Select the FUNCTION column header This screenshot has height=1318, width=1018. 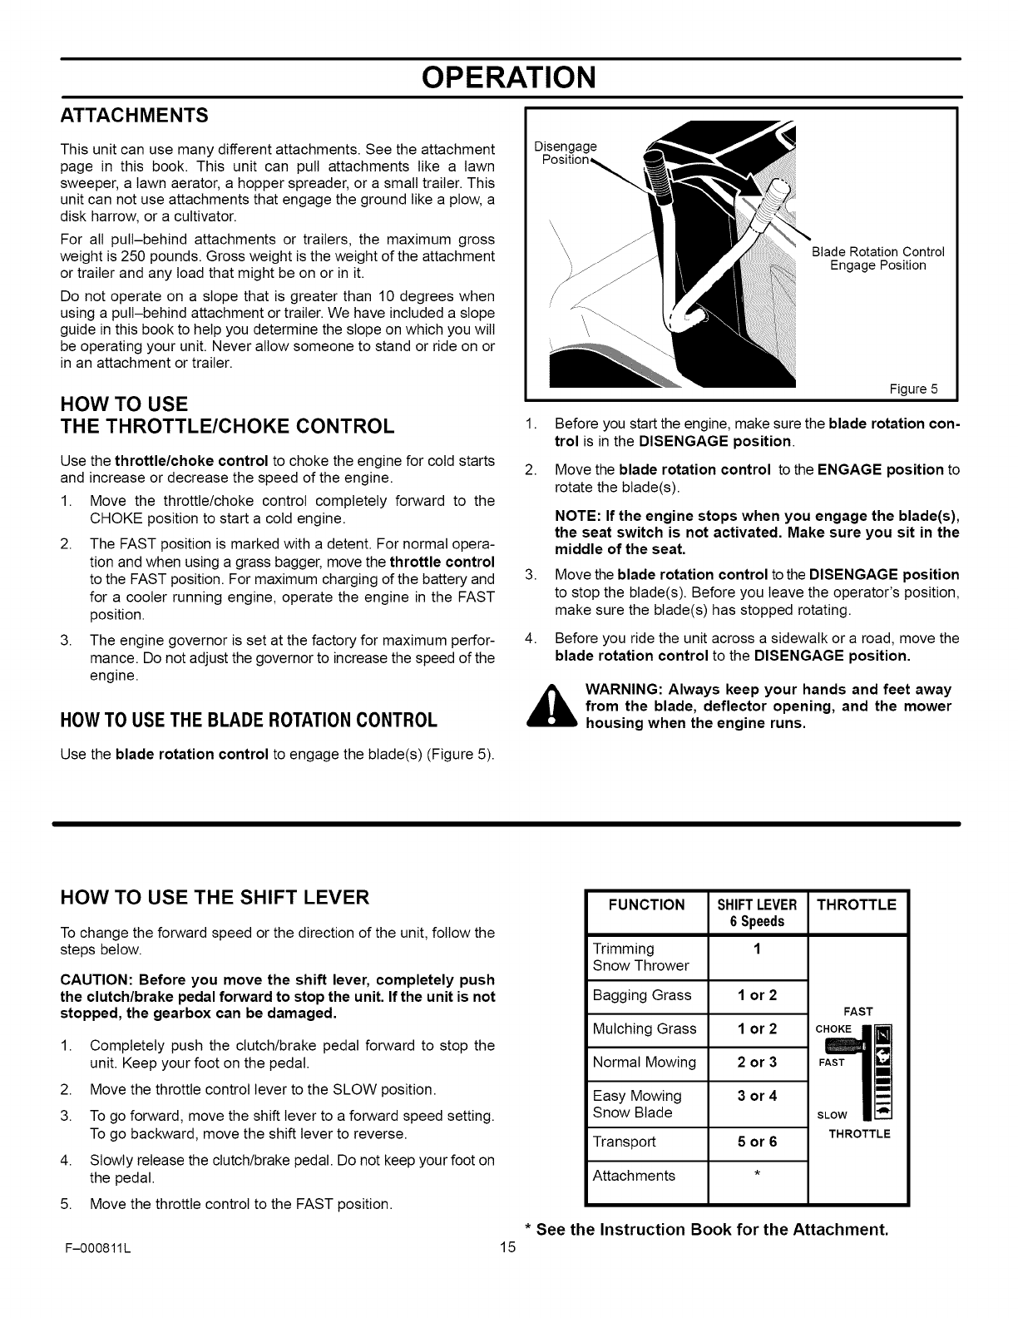click(x=646, y=904)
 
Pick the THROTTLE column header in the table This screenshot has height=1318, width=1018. click(x=857, y=904)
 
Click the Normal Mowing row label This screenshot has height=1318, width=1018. click(x=644, y=1063)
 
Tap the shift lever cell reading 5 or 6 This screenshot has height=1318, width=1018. click(x=757, y=1142)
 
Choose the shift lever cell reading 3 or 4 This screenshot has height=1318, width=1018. click(x=757, y=1096)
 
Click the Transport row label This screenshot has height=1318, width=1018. click(x=624, y=1142)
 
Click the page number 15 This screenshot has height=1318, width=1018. click(x=508, y=1248)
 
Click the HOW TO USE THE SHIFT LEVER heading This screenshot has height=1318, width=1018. click(x=215, y=898)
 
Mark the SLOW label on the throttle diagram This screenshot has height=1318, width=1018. click(x=832, y=1116)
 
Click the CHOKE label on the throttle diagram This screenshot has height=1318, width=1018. click(x=833, y=1029)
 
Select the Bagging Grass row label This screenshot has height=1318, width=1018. click(x=641, y=995)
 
